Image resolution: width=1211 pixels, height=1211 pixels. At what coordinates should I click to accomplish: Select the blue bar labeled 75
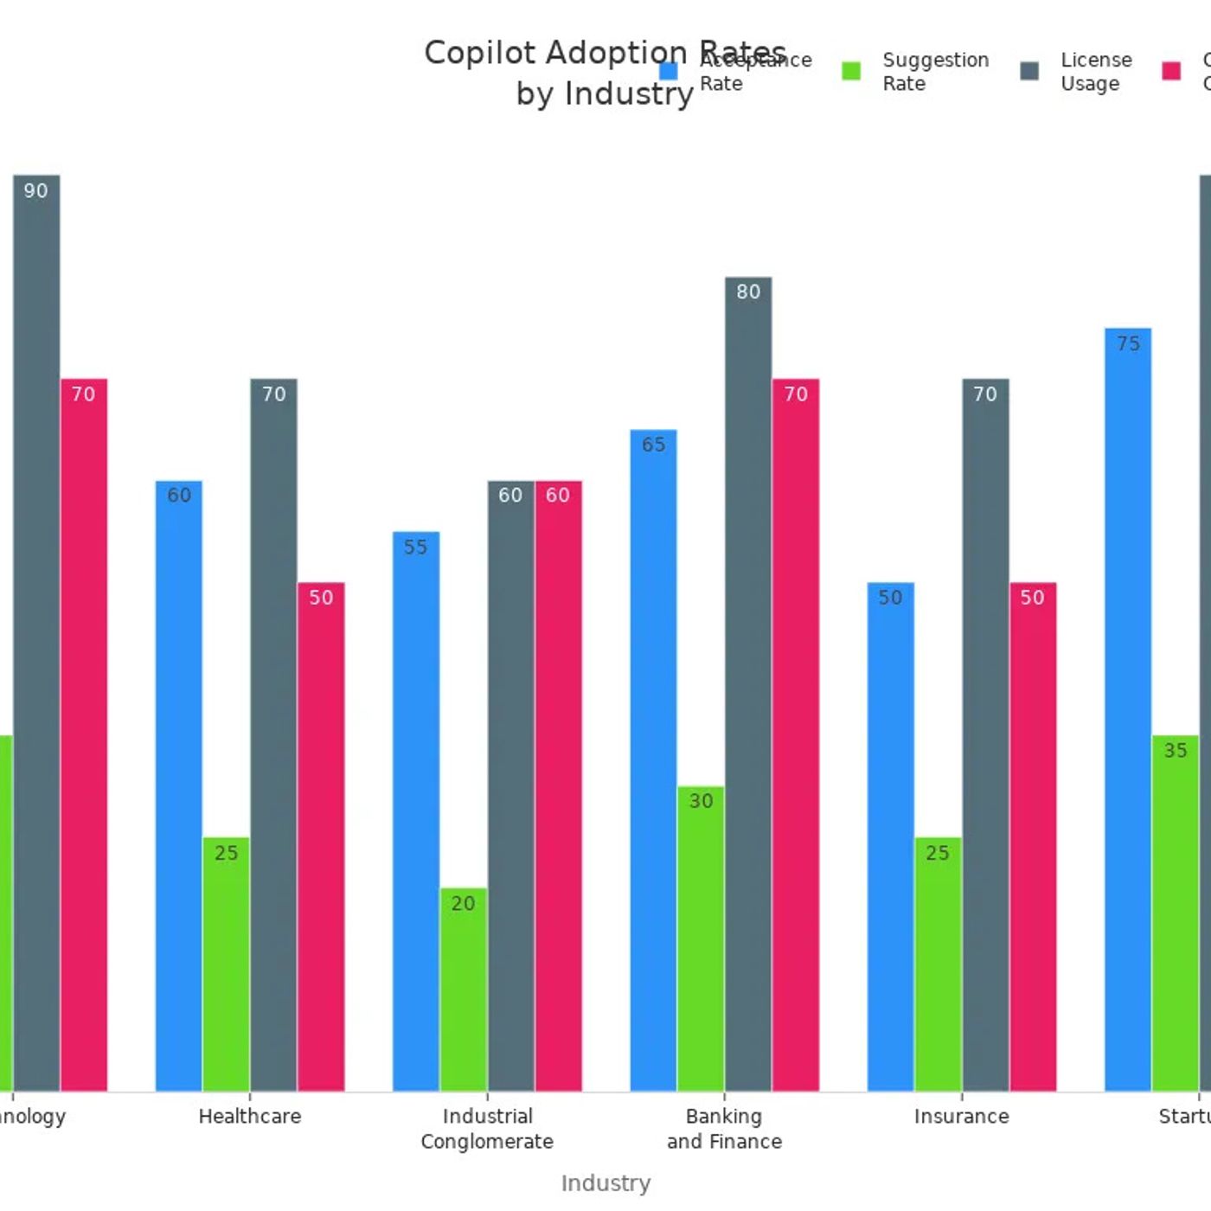click(1128, 709)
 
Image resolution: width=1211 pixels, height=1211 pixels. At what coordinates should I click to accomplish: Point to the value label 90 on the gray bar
click(36, 191)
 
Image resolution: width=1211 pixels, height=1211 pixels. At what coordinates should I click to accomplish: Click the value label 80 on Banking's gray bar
click(748, 292)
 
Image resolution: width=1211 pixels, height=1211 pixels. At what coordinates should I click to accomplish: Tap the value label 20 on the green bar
click(463, 904)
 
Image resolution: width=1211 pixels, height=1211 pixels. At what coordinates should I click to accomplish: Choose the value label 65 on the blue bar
click(654, 445)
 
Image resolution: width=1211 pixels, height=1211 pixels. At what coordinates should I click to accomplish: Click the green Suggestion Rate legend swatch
click(851, 71)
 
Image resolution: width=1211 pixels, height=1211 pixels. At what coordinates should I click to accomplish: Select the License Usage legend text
click(1096, 72)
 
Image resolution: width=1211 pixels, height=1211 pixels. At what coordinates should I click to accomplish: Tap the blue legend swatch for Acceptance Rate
click(668, 71)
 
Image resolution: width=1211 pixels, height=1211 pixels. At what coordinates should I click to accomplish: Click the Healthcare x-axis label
click(250, 1117)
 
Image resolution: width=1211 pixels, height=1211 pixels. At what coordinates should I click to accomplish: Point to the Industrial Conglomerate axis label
click(487, 1129)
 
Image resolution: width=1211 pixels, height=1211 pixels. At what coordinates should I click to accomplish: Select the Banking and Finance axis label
click(724, 1129)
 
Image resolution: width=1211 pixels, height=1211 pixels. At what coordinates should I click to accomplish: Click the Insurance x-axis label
click(962, 1117)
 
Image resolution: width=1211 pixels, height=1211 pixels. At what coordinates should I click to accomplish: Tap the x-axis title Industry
click(605, 1183)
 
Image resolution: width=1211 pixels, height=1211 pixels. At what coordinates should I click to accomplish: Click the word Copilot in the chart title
click(480, 53)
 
